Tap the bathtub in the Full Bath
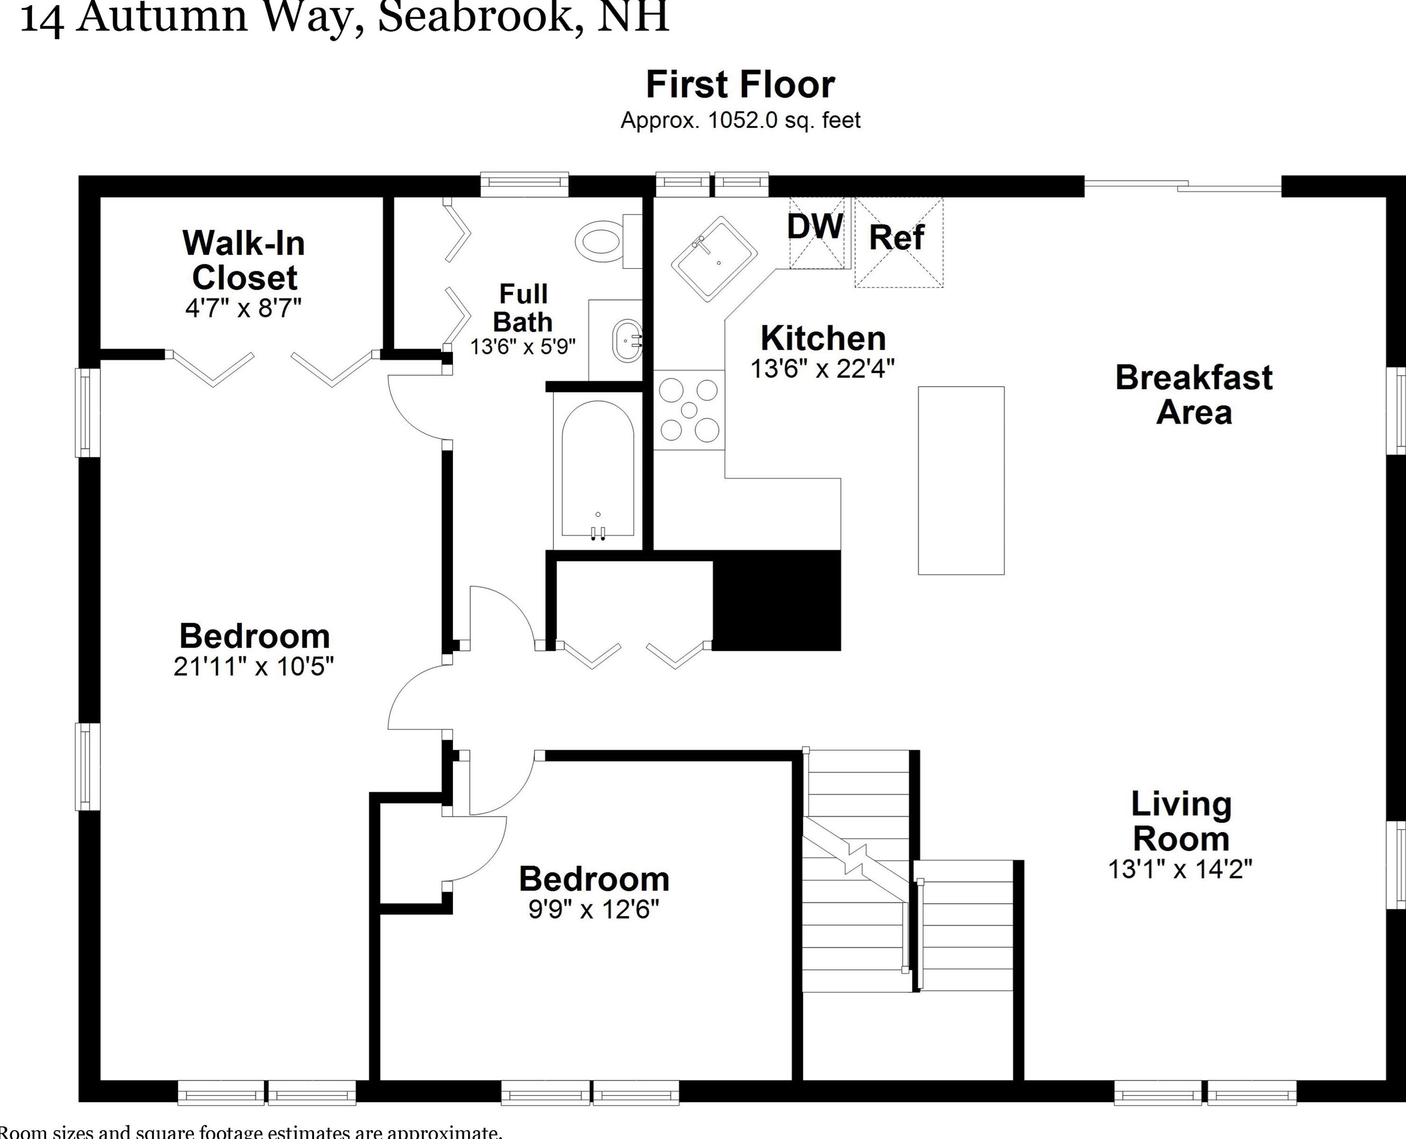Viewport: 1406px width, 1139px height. click(597, 469)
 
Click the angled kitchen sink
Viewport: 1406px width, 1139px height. click(713, 259)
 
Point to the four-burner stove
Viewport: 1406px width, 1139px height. click(688, 410)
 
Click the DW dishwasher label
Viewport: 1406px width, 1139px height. click(814, 227)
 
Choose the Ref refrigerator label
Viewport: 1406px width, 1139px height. click(897, 237)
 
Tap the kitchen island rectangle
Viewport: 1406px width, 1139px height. click(960, 480)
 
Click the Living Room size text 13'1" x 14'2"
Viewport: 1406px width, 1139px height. click(1180, 870)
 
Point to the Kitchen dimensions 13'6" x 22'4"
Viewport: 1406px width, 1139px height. click(822, 369)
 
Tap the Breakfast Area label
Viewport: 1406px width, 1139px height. click(1193, 395)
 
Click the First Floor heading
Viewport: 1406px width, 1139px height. click(740, 85)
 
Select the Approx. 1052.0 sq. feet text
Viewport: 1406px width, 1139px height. click(740, 121)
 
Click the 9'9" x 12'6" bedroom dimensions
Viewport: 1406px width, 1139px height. click(593, 910)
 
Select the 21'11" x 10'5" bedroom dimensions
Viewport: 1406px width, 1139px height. click(253, 666)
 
